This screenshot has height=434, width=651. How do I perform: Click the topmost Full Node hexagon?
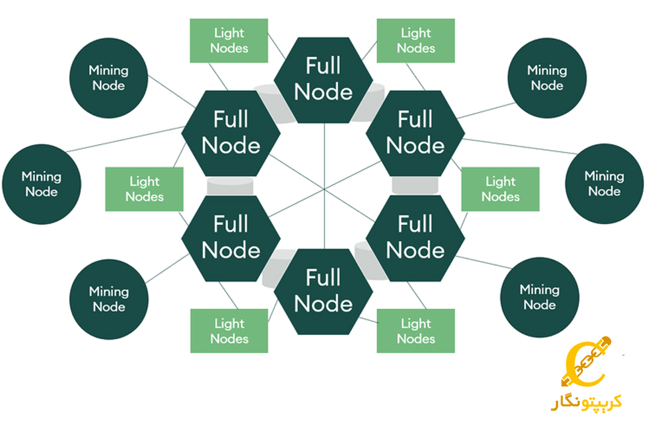click(323, 79)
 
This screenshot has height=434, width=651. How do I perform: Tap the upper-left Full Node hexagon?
click(231, 133)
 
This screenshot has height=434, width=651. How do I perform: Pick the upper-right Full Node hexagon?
click(415, 133)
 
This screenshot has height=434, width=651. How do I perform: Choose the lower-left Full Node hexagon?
click(231, 237)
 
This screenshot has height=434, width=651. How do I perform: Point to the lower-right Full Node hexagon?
click(415, 237)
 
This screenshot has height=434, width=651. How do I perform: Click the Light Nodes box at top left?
click(229, 40)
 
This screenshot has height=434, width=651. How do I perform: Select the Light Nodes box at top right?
click(415, 40)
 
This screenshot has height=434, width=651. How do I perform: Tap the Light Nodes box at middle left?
click(145, 189)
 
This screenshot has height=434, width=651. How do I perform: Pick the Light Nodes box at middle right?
click(500, 189)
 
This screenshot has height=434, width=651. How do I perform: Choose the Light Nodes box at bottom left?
click(229, 331)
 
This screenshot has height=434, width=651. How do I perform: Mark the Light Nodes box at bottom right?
click(415, 331)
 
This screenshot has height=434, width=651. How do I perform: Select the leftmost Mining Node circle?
click(41, 184)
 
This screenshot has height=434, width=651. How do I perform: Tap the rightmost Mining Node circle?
click(604, 184)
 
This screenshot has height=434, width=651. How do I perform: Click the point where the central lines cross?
click(324, 189)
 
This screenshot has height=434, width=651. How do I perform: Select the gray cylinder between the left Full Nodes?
click(231, 186)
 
